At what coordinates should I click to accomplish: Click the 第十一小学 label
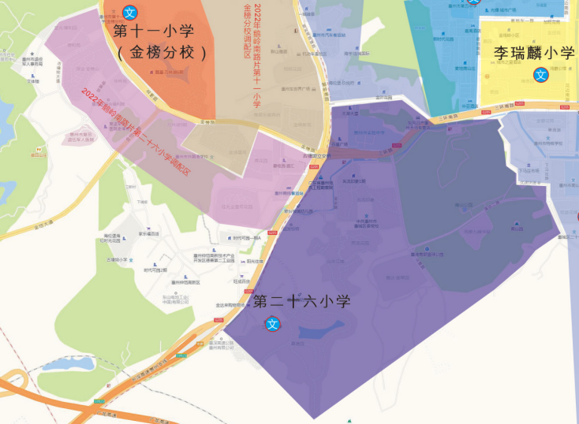click(x=164, y=32)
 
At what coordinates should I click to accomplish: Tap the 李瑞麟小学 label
click(x=535, y=54)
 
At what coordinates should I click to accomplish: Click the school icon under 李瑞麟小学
click(x=541, y=75)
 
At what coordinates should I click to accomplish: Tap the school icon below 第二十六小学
click(x=273, y=323)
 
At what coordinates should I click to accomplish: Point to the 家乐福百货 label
click(x=149, y=233)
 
